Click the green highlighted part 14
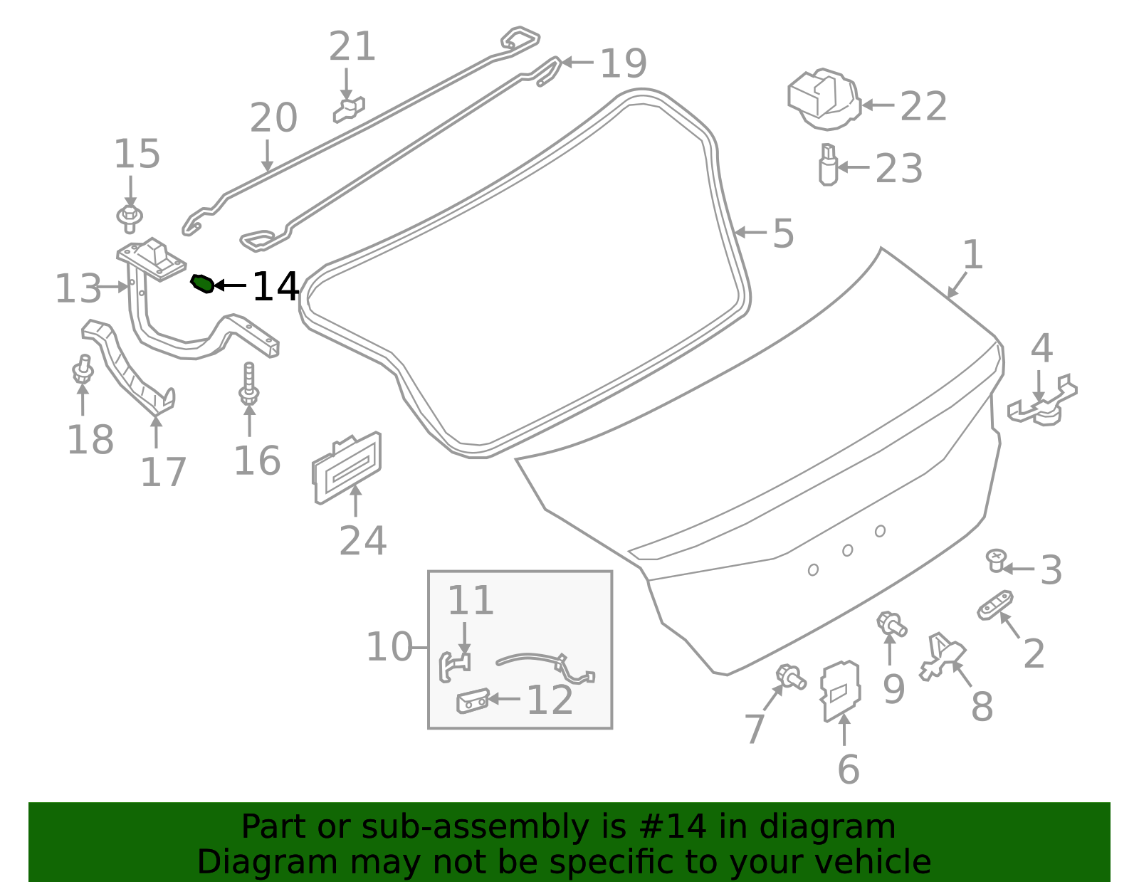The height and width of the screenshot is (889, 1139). [x=202, y=284]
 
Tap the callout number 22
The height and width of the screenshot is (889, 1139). [x=923, y=107]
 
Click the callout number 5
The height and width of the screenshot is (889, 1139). [x=783, y=233]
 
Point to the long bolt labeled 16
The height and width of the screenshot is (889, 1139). [x=249, y=385]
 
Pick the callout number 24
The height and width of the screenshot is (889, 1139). [x=362, y=541]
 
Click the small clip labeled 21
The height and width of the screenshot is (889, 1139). [x=349, y=110]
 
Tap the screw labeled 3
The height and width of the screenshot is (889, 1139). [x=996, y=560]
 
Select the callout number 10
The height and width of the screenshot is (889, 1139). [x=389, y=647]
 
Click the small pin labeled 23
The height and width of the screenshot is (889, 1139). [x=828, y=165]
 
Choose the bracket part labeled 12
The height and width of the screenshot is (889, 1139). [x=472, y=701]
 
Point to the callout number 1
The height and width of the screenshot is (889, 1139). [x=972, y=255]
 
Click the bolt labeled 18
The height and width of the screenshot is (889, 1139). [x=83, y=370]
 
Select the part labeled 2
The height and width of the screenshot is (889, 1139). [x=995, y=606]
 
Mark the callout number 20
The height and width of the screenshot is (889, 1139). [x=273, y=118]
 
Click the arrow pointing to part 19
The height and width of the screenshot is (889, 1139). [x=577, y=63]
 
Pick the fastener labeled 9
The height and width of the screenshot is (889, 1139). [x=891, y=624]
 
